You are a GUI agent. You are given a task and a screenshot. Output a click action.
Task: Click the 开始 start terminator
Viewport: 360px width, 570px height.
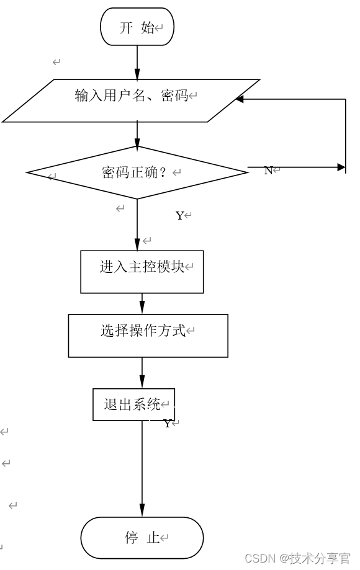point(137,27)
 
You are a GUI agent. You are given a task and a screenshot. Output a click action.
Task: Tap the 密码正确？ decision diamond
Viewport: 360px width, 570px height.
point(137,172)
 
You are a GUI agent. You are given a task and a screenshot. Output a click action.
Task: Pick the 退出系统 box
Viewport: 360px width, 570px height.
point(133,404)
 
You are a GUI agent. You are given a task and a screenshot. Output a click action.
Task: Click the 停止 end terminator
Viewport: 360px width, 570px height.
point(142,537)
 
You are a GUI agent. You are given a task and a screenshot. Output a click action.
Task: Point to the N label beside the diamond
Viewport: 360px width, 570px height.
point(268,171)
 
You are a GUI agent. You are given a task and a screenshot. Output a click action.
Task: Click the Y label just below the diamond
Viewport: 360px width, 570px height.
point(179,216)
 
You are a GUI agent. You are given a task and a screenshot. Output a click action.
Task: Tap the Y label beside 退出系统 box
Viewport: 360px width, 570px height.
point(167,424)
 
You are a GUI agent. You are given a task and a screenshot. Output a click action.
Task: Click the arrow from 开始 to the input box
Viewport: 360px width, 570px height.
point(137,62)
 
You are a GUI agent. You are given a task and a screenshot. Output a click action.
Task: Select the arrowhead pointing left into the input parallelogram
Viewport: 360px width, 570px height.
point(240,99)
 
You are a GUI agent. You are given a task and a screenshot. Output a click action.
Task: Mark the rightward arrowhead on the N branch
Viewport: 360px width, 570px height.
point(341,167)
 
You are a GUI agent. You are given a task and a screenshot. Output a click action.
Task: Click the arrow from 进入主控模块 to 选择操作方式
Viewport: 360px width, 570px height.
point(142,303)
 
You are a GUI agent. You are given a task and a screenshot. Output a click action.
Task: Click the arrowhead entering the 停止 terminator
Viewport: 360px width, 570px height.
point(142,512)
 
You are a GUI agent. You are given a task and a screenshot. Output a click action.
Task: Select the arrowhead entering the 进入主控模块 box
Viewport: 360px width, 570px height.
point(137,245)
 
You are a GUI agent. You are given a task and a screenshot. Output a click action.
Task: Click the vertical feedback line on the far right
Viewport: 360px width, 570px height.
point(345,133)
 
